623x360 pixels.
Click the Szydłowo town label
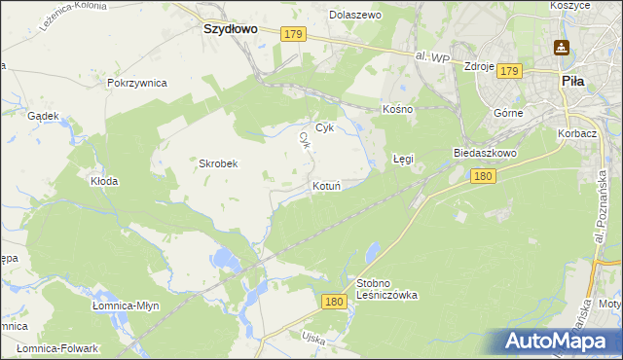[x=229, y=29]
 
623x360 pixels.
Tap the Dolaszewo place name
[x=355, y=16]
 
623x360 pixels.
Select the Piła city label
[x=572, y=82]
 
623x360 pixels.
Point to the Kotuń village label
[x=326, y=185]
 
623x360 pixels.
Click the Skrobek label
[x=219, y=163]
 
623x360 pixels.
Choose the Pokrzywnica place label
[x=138, y=83]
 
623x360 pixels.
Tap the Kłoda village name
[x=104, y=181]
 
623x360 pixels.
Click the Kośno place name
[x=398, y=109]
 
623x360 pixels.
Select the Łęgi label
[x=403, y=158]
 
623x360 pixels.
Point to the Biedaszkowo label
[x=484, y=154]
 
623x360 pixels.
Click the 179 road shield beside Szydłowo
[x=295, y=34]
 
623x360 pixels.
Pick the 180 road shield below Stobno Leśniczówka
[x=334, y=303]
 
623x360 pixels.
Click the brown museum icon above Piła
[x=562, y=47]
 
